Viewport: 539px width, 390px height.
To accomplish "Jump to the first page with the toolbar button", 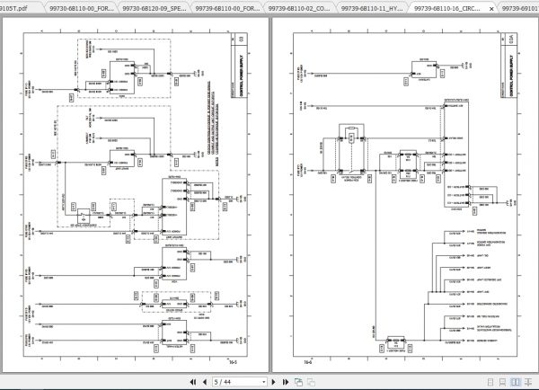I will (x=186, y=381).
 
